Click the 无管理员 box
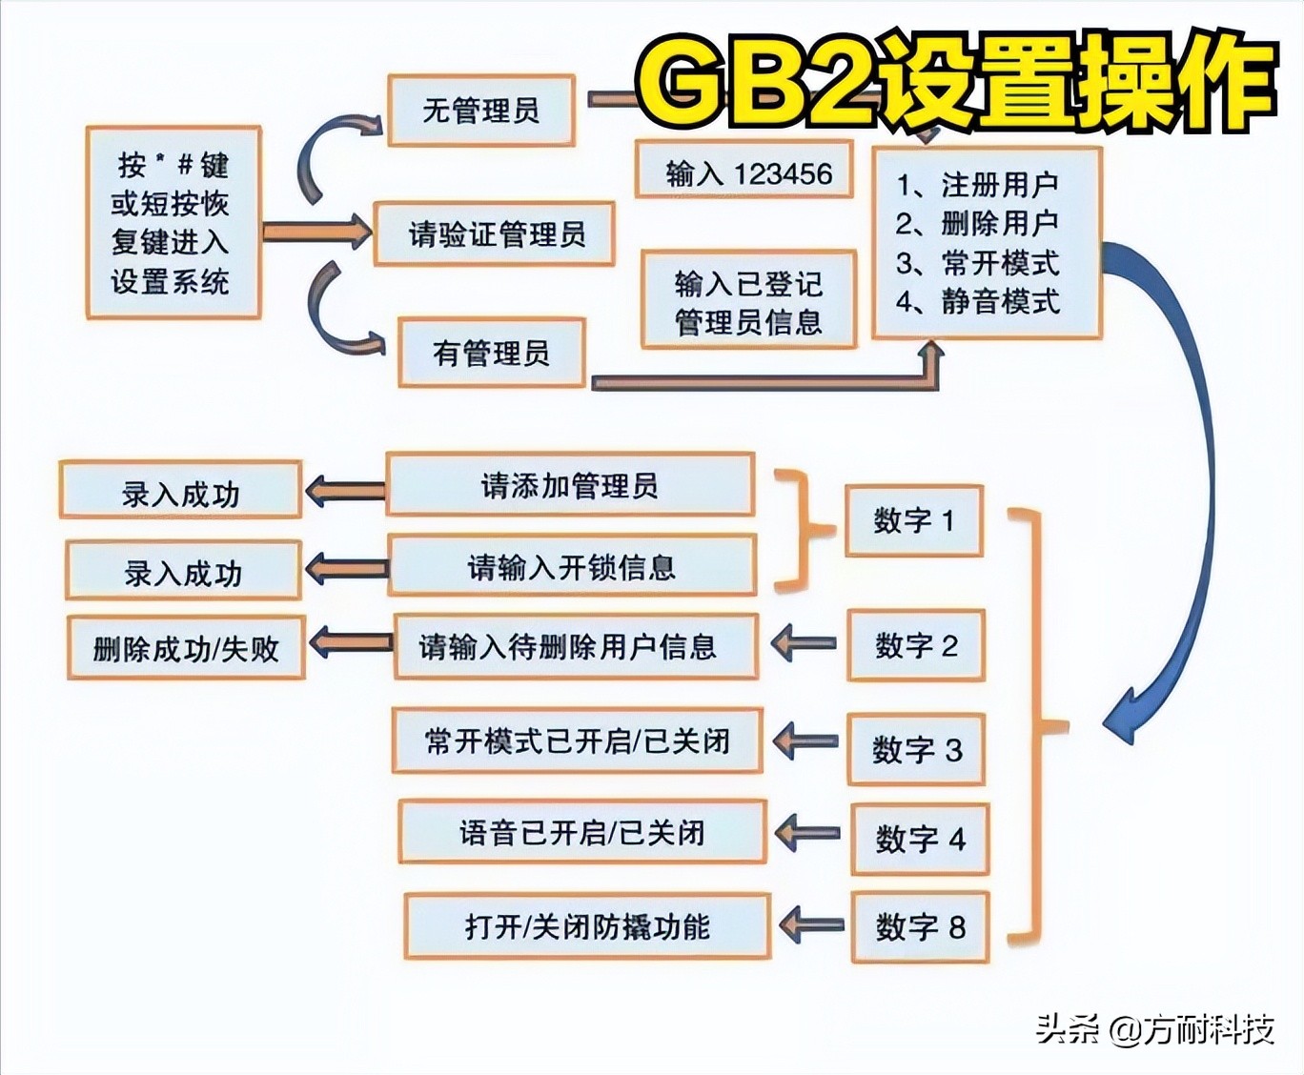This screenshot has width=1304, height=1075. click(481, 111)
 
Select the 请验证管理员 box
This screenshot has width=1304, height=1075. click(495, 233)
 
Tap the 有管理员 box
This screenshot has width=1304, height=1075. click(491, 354)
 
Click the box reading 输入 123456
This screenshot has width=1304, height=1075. click(744, 172)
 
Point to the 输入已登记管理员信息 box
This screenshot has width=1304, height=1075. click(748, 301)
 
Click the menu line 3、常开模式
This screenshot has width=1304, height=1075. click(978, 262)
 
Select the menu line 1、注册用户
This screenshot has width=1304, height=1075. click(978, 184)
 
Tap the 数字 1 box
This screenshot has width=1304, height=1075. click(913, 520)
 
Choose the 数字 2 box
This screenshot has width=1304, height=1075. click(915, 645)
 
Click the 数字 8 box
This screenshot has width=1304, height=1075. click(920, 926)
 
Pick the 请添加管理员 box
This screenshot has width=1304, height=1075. click(570, 486)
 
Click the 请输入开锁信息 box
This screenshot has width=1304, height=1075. click(572, 567)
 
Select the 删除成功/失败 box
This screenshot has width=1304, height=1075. click(186, 649)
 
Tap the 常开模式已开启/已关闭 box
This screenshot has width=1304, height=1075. click(578, 740)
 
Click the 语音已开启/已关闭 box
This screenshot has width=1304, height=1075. click(581, 832)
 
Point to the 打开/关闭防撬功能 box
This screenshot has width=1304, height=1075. click(587, 925)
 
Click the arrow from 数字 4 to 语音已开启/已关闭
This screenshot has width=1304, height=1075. click(807, 833)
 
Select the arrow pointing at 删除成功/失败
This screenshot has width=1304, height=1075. click(350, 642)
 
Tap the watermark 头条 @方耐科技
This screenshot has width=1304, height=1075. click(1155, 1029)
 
